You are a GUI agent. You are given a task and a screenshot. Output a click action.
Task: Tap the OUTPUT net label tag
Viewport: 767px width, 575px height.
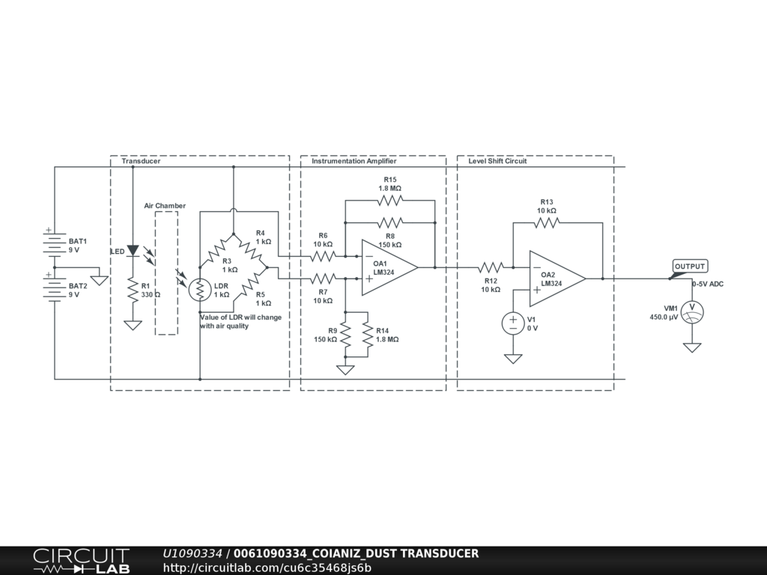[x=690, y=267]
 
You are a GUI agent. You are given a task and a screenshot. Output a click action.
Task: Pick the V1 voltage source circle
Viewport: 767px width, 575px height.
[x=513, y=323]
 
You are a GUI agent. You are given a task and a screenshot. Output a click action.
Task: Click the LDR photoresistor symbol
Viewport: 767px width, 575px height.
[x=200, y=290]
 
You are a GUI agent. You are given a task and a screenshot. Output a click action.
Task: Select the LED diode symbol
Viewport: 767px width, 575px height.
[x=133, y=251]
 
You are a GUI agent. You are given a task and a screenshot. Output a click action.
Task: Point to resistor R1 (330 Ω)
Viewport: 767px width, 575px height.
[x=133, y=289]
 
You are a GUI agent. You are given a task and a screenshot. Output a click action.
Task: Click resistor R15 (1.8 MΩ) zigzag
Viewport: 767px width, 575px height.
[x=389, y=200]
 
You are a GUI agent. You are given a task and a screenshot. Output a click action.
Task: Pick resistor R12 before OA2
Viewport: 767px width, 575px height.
[x=491, y=267]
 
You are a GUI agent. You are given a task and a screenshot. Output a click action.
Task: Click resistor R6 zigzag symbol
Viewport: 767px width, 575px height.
[x=323, y=256]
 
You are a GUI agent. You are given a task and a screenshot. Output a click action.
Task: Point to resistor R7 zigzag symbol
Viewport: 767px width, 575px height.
[x=323, y=279]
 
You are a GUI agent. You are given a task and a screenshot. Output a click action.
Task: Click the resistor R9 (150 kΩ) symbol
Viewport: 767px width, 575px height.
[x=345, y=334]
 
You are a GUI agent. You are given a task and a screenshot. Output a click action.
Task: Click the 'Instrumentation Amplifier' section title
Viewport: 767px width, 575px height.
[x=354, y=161]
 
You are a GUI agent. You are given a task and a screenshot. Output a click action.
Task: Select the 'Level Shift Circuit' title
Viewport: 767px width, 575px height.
[x=497, y=161]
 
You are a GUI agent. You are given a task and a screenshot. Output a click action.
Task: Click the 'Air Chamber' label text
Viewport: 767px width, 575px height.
[x=165, y=206]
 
